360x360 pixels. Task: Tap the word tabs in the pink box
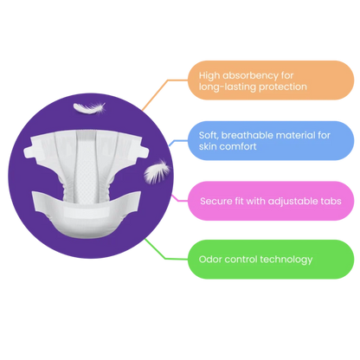tap(331, 201)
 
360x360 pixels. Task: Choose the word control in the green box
tap(241, 260)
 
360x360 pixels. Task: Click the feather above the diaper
tap(89, 108)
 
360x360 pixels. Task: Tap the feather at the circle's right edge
tap(157, 172)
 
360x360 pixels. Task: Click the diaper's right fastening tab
tap(144, 151)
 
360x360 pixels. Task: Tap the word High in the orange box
tap(209, 76)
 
